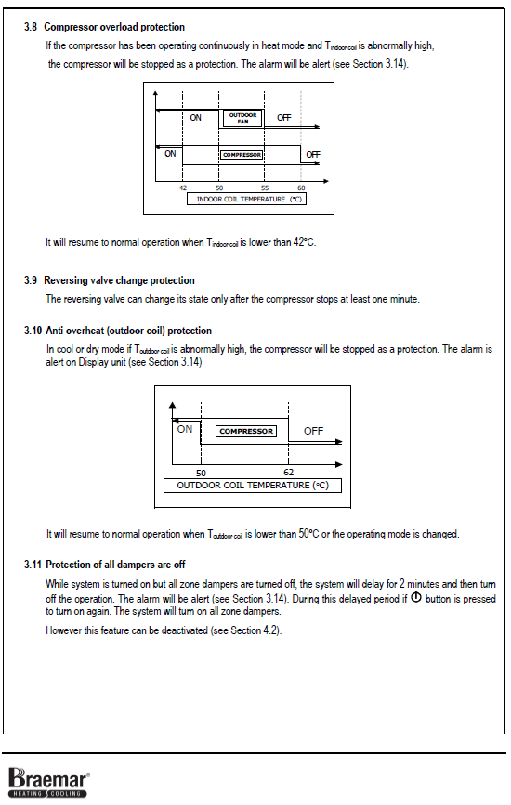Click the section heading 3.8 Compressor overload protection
click(x=104, y=27)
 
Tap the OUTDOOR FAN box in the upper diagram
click(x=242, y=118)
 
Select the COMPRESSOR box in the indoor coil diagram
click(x=242, y=154)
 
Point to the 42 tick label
click(x=183, y=188)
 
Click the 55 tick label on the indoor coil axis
click(x=265, y=188)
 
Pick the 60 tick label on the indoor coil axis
click(x=301, y=188)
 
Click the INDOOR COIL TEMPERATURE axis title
click(x=246, y=199)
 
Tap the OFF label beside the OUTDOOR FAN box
click(x=284, y=118)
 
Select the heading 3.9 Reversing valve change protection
click(x=110, y=280)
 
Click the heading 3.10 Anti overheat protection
click(x=118, y=331)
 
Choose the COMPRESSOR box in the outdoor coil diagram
click(x=246, y=431)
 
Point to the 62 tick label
click(x=289, y=473)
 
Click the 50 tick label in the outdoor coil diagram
click(x=201, y=473)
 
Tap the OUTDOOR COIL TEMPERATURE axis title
click(x=253, y=486)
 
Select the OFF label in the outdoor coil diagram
click(x=313, y=431)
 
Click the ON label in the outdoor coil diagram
click(x=184, y=429)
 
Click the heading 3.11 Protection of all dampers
click(x=104, y=565)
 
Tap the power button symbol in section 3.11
click(x=416, y=598)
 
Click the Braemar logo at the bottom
click(x=49, y=783)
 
